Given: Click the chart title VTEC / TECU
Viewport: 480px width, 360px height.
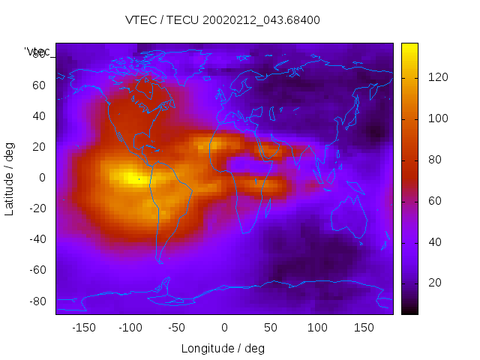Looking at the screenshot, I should [223, 20].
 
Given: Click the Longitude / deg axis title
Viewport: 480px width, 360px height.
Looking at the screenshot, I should [223, 348].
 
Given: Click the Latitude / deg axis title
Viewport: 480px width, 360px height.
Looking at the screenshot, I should [10, 178].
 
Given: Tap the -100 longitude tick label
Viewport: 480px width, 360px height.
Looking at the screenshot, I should [130, 328].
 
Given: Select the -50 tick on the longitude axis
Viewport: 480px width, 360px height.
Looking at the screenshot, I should [177, 328].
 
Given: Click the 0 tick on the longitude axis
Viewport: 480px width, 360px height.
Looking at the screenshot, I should [224, 328].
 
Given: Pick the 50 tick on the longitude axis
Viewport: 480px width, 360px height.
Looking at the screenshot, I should [271, 328].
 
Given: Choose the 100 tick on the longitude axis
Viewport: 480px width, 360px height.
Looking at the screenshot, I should [317, 328].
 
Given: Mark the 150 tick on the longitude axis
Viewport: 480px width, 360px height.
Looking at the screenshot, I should [364, 328].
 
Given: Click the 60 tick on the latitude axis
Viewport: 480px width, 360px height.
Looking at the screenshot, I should [39, 85].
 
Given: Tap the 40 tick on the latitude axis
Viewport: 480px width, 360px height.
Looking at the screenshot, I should [39, 116].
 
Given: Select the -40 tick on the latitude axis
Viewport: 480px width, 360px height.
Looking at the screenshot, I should [37, 239].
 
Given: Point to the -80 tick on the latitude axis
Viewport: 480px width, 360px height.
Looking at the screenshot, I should [37, 301].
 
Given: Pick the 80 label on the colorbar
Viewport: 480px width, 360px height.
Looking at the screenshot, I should [433, 160].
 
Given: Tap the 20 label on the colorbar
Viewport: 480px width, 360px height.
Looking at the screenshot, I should [433, 283].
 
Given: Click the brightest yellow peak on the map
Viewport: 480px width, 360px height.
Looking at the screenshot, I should [130, 178].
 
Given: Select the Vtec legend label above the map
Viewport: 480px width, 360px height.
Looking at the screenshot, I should [37, 52].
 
